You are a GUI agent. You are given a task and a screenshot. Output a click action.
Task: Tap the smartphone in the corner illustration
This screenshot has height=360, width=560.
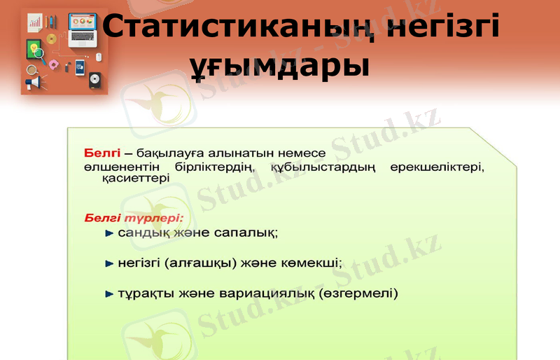point(80,68)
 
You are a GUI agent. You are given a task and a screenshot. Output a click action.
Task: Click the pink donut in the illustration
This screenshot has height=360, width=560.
point(54,64)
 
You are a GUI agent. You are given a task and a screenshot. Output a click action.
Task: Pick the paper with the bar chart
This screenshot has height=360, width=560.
point(35,23)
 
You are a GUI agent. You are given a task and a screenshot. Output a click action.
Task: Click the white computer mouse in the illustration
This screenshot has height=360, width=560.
point(99,56)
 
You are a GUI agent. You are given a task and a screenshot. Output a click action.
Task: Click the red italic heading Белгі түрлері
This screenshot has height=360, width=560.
point(134,218)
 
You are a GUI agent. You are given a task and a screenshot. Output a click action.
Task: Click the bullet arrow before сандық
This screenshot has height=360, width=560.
point(108,233)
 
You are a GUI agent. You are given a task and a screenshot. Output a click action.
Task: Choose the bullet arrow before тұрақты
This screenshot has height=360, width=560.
point(108,294)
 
